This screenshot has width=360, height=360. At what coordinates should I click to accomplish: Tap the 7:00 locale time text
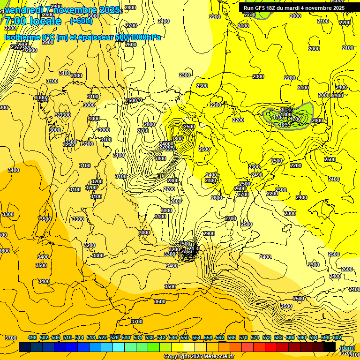[x=33, y=21]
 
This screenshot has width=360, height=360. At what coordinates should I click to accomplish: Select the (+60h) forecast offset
[x=81, y=21]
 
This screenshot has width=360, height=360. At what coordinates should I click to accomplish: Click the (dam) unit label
[x=347, y=347]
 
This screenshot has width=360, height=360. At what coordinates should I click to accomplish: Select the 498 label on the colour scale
[x=32, y=337]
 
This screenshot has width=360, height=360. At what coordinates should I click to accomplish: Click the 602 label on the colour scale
[x=337, y=337]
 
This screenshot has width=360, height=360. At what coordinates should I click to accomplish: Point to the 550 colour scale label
[x=185, y=337]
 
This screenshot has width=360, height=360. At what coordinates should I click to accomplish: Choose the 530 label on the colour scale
[x=126, y=337]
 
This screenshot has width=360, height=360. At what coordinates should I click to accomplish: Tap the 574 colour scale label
[x=255, y=337]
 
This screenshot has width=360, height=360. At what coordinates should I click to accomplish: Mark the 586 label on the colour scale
[x=290, y=337]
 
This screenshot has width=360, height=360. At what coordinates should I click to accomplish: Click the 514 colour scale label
[x=79, y=337]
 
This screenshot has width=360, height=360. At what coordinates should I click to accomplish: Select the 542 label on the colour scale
[x=161, y=337]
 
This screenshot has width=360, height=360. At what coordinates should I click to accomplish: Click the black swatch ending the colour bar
[x=330, y=347]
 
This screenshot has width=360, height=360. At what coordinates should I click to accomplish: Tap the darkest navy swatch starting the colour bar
[x=25, y=347]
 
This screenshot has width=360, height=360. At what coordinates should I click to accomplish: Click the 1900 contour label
[x=284, y=125]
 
